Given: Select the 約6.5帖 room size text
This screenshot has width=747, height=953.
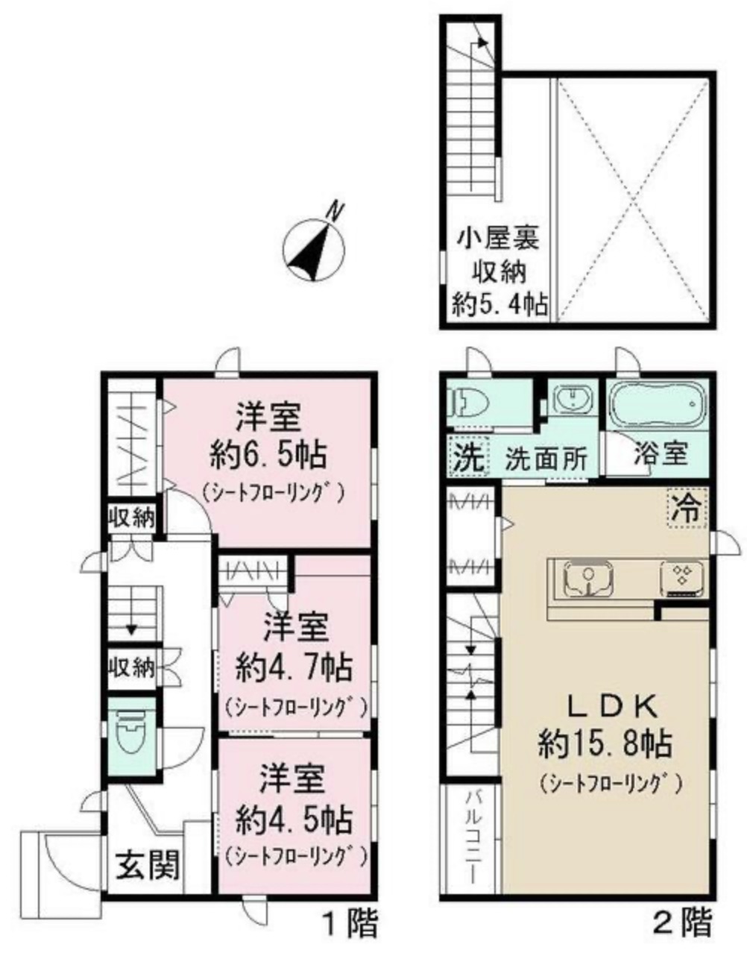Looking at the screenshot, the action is click(x=268, y=456).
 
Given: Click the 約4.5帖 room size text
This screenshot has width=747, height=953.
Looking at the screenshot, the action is click(x=294, y=820).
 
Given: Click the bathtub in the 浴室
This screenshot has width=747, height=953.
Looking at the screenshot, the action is click(x=657, y=404).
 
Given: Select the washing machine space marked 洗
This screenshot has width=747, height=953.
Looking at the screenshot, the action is click(x=468, y=456).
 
